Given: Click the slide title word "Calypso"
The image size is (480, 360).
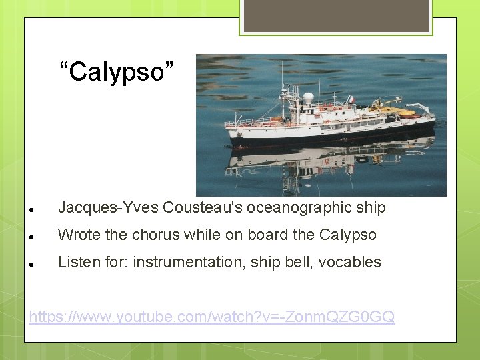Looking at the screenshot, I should (117, 71).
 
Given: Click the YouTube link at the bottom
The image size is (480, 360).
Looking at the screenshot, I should (212, 317).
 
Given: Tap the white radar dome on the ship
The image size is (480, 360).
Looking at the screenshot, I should (308, 98).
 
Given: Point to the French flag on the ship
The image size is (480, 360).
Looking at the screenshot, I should (351, 100).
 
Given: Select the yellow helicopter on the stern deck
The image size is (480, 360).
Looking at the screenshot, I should (399, 111).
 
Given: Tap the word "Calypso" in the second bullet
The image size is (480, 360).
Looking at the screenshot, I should (347, 235).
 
